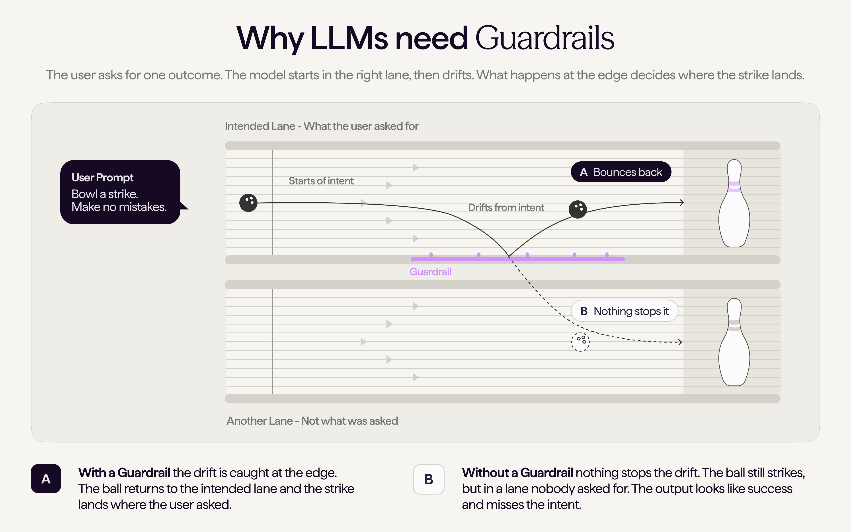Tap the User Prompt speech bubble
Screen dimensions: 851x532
pos(120,192)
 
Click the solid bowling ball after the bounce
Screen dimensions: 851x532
pos(577,209)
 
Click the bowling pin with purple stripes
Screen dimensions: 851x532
pos(734,203)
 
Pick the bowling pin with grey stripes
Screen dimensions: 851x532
pos(734,342)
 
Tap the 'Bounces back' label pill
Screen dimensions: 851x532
pos(621,172)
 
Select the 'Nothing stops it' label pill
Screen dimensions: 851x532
pos(625,311)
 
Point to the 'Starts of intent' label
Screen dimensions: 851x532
pos(321,181)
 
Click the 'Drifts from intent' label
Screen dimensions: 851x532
pos(506,208)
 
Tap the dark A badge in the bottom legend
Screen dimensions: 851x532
pos(46,479)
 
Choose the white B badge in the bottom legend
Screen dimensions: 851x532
pos(429,479)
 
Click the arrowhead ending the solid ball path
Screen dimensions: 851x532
pos(681,203)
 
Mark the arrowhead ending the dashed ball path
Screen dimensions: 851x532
pos(680,342)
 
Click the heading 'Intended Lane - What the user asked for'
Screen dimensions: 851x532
pos(322,126)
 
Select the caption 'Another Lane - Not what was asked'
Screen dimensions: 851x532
pos(312,421)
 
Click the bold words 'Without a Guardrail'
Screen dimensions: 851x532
pos(518,473)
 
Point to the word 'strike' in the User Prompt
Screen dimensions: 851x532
pos(123,194)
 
